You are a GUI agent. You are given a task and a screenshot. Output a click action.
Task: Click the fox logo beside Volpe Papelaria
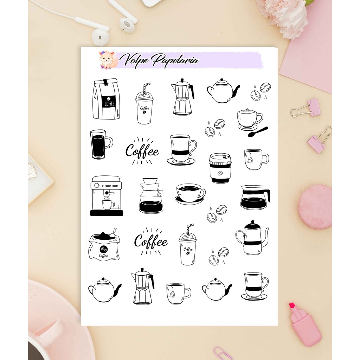pos(108,60)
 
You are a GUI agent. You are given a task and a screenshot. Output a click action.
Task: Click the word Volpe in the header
pos(135,60)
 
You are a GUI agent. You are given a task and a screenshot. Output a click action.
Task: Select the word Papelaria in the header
pos(175,60)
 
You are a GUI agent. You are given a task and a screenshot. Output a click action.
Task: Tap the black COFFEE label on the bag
pos(109,102)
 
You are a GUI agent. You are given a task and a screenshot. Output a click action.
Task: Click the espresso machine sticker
pos(106,196)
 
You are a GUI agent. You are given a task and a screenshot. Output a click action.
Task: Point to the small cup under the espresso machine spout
pos(108,204)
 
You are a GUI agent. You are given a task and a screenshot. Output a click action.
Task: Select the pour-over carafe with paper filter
pos(151,195)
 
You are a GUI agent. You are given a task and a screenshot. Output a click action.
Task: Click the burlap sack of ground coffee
pos(104,245)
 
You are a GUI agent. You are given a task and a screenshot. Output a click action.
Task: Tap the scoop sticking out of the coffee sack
pos(113,233)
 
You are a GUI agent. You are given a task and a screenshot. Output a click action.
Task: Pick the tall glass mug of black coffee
pos(101,144)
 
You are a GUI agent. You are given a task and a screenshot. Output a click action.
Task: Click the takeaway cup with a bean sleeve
pos(220,168)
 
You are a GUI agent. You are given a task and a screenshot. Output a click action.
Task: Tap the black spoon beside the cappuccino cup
pos(258,132)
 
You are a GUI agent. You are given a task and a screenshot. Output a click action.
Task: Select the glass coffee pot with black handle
pos(255,198)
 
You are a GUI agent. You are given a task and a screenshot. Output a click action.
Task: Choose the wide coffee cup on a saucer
pos(190,194)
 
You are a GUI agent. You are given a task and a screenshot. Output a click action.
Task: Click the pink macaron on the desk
pos(315,207)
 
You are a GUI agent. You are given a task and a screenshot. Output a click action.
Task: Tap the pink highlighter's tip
pos(292,306)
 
